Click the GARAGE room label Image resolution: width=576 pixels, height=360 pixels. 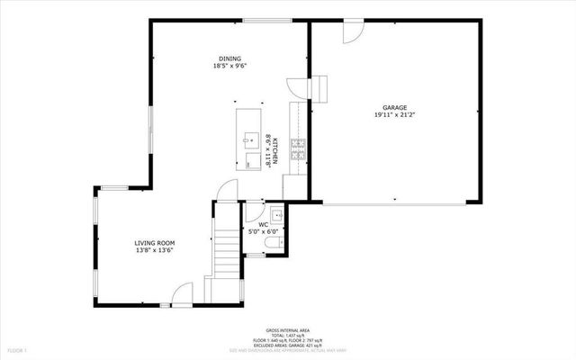391,107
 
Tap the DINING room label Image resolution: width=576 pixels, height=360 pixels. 229,58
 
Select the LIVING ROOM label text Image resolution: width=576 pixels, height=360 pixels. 154,243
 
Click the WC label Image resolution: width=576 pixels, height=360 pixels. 264,225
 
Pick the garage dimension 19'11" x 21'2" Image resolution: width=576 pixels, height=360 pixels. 391,115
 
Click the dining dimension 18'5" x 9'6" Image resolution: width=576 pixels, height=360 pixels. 229,66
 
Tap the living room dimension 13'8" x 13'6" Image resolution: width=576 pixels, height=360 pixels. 154,251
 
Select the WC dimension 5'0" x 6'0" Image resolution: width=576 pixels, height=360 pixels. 264,232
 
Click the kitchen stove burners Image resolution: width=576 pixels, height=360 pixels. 299,145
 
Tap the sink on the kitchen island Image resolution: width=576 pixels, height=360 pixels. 247,138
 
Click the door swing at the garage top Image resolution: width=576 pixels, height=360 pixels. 353,32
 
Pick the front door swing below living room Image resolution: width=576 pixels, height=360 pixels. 183,292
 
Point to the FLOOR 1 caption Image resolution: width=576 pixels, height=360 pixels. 18,348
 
